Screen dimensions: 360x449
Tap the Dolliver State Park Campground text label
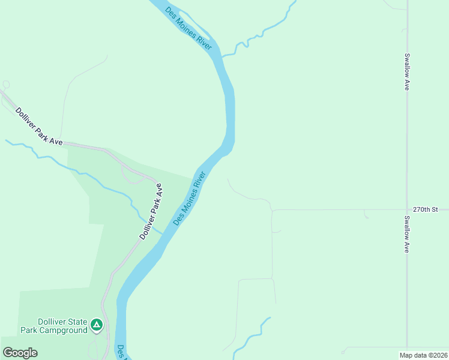coord(54,326)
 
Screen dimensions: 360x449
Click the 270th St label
coord(426,209)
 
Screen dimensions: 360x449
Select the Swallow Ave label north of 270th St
coord(407,72)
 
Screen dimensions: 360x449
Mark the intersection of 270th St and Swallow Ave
coord(407,210)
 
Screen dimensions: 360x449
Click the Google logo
coord(20,352)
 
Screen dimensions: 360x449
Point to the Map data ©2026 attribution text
coord(423,355)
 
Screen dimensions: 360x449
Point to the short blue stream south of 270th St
coord(252,334)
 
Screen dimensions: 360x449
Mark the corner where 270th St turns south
coord(272,210)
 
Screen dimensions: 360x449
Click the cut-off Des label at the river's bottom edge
coord(121,351)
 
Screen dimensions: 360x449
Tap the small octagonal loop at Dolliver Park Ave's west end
coord(6,85)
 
